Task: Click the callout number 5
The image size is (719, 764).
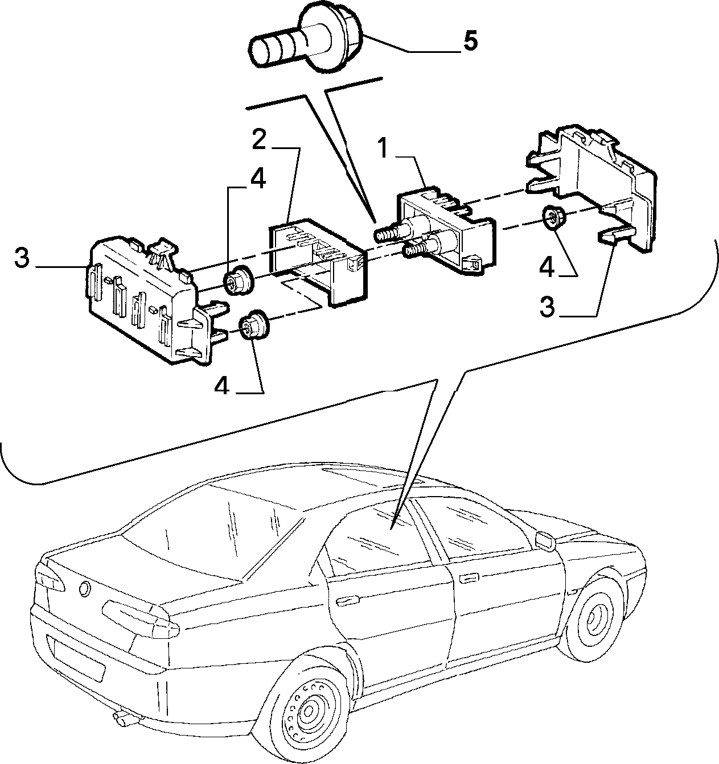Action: point(470,40)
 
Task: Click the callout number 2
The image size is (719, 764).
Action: point(260,141)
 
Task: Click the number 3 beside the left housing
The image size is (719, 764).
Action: point(22,258)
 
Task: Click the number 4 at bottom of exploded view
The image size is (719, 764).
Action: point(222,386)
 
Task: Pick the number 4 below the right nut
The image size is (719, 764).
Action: point(547,267)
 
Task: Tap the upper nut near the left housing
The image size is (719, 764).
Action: point(239,281)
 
